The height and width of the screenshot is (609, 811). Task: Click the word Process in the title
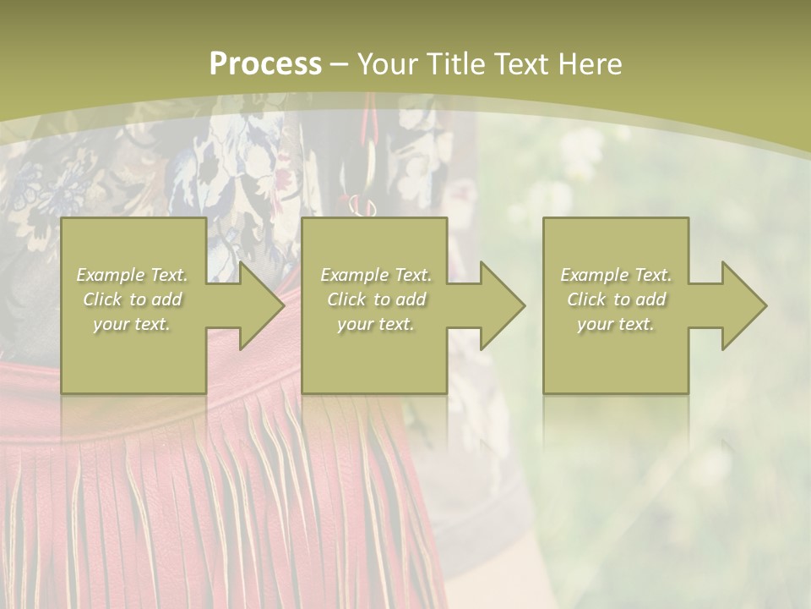[x=265, y=64]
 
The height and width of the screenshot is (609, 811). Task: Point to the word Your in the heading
[x=389, y=64]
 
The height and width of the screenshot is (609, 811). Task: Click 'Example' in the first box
[x=110, y=275]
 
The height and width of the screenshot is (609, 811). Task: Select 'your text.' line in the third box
[x=615, y=324]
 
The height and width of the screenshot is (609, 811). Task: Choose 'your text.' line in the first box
[x=132, y=324]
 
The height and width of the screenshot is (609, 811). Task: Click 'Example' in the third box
[x=594, y=275]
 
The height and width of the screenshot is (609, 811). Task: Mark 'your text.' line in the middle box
[x=375, y=324]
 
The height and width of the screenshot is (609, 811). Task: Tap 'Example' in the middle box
[x=354, y=275]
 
